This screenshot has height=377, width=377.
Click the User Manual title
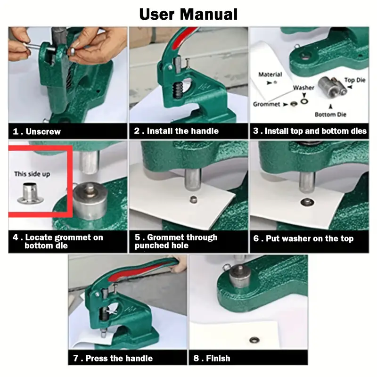pyautogui.click(x=188, y=14)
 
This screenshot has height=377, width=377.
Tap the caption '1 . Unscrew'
pyautogui.click(x=37, y=131)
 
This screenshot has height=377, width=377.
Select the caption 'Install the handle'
pyautogui.click(x=183, y=131)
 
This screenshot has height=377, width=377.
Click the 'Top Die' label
pyautogui.click(x=355, y=80)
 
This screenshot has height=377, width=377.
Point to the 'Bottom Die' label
pyautogui.click(x=330, y=115)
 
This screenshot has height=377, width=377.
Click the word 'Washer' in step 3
pyautogui.click(x=303, y=88)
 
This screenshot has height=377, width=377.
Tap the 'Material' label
pyautogui.click(x=270, y=74)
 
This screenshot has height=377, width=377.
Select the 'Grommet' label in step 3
pyautogui.click(x=266, y=104)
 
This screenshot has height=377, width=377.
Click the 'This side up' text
pyautogui.click(x=32, y=174)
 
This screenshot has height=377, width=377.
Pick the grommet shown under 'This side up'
pyautogui.click(x=30, y=193)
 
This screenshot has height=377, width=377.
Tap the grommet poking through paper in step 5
pyautogui.click(x=193, y=199)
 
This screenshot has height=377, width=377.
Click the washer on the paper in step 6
pyautogui.click(x=307, y=202)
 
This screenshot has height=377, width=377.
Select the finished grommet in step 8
pyautogui.click(x=254, y=340)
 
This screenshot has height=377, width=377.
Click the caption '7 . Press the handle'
pyautogui.click(x=113, y=358)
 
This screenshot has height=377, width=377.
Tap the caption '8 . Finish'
pyautogui.click(x=212, y=358)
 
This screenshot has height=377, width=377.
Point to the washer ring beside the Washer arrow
pyautogui.click(x=304, y=101)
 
